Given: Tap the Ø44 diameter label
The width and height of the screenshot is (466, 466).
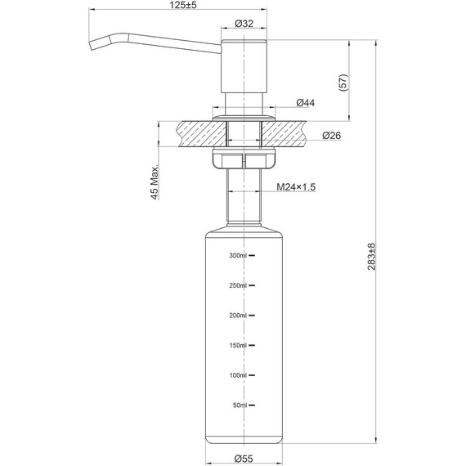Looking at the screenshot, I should click(306, 102).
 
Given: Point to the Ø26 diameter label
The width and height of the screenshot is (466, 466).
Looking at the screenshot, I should click(331, 136).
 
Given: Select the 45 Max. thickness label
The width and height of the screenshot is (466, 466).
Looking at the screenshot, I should click(154, 184).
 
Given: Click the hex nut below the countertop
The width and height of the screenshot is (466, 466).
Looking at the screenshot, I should click(242, 160).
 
